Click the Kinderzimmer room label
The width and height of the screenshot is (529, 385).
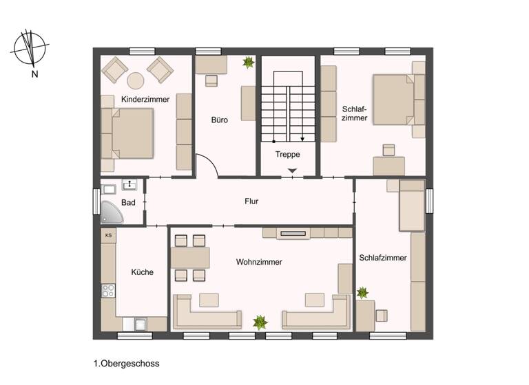point(145,100)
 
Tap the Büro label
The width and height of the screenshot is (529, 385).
point(220,120)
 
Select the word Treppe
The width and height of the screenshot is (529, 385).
point(287,154)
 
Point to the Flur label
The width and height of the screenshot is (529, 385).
point(251,201)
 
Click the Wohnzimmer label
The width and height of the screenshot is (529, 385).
point(259,262)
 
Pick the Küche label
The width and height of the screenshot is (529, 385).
point(143,272)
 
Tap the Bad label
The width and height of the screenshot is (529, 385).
point(128,203)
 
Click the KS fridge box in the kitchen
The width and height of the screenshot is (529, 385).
point(108,235)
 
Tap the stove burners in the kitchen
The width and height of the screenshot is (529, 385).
point(108,290)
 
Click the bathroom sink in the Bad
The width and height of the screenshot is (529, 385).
point(130,184)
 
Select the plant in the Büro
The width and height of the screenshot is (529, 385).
point(247,63)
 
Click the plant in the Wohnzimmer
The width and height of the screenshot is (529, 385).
point(260,321)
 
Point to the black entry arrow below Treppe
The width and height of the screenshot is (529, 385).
point(293,170)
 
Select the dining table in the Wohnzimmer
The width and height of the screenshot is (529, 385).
point(190,258)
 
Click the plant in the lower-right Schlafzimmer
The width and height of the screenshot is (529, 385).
point(362,293)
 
